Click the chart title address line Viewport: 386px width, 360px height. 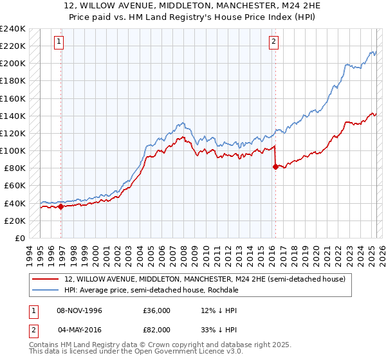click(x=192, y=6)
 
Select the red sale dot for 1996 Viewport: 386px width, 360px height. click(x=62, y=206)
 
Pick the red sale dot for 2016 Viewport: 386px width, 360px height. click(x=276, y=166)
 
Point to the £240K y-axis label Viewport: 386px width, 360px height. click(x=13, y=29)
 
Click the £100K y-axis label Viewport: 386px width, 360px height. click(x=13, y=150)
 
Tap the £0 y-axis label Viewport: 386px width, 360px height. click(x=19, y=238)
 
